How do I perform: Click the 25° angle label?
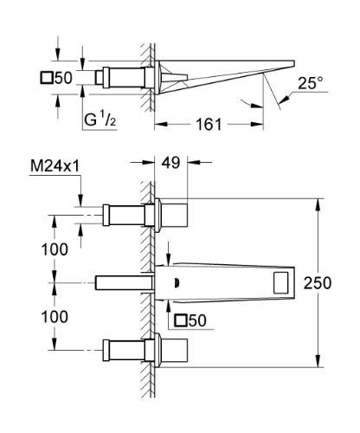[311, 83]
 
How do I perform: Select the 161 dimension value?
[209, 125]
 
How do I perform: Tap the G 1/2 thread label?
[100, 120]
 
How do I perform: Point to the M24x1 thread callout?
[55, 166]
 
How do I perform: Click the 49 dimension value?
[170, 163]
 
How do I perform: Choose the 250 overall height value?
[318, 283]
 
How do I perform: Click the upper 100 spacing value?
[55, 249]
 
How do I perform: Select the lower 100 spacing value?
[55, 317]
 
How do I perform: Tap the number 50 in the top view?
[63, 78]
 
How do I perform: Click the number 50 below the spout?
[197, 320]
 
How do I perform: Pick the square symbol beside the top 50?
[47, 78]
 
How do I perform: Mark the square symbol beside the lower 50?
[181, 320]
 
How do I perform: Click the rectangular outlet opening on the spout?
[280, 283]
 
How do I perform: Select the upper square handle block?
[174, 215]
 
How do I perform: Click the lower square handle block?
[174, 350]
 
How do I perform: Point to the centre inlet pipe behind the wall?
[124, 282]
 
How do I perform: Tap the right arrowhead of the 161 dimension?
[257, 125]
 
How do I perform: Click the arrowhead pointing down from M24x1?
[80, 200]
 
